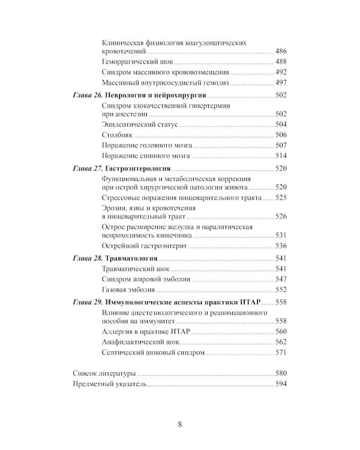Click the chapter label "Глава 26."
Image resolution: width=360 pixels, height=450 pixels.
click(88, 96)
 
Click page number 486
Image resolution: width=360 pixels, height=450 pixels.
click(281, 52)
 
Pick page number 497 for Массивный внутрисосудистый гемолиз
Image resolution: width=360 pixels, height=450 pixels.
click(281, 82)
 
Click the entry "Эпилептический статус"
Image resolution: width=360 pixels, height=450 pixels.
click(140, 125)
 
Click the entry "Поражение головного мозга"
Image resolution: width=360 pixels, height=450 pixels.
click(148, 145)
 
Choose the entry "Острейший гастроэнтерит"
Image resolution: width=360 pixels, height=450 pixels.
click(145, 245)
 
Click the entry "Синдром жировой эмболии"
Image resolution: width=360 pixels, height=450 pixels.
click(147, 279)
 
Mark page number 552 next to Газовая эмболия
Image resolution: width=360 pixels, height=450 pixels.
click(281, 289)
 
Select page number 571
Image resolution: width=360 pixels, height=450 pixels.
click(281, 352)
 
